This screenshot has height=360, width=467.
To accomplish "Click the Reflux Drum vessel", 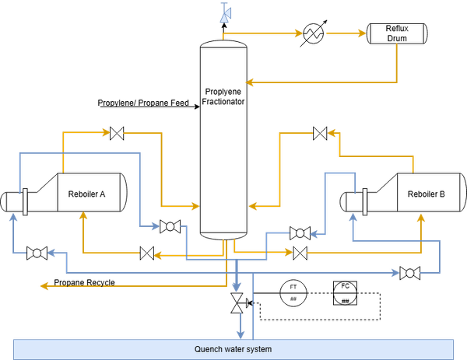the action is [x=397, y=33].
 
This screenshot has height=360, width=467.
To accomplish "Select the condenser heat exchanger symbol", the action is [x=314, y=33].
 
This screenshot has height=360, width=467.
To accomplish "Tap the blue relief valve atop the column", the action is [x=225, y=13].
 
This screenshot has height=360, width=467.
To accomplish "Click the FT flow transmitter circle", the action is [x=293, y=293].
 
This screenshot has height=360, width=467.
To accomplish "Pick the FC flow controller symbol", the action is [x=345, y=293].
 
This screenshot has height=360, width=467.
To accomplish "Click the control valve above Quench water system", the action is [x=239, y=303].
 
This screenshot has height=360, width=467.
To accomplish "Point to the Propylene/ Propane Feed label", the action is [x=143, y=103].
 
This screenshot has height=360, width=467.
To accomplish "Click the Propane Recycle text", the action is [x=84, y=282].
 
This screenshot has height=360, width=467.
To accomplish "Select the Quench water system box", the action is [x=233, y=349].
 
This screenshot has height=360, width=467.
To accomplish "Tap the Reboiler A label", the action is [x=86, y=194].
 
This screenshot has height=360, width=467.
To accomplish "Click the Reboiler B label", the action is [x=427, y=194].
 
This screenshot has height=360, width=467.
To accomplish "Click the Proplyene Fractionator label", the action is [x=223, y=96].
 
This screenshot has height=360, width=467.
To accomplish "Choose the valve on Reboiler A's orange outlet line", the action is [x=117, y=133].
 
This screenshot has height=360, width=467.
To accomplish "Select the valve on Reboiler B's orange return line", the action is [x=320, y=133].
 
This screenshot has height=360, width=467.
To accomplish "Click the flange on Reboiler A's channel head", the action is [x=26, y=201].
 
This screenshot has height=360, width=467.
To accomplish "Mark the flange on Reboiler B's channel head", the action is [x=365, y=201].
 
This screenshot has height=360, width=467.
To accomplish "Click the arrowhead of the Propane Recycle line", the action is [x=44, y=285].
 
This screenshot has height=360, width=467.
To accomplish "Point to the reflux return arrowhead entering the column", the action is [x=250, y=82].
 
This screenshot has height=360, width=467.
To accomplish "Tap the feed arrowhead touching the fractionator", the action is [x=197, y=107].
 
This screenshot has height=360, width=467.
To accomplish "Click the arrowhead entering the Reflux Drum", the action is [x=362, y=33].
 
